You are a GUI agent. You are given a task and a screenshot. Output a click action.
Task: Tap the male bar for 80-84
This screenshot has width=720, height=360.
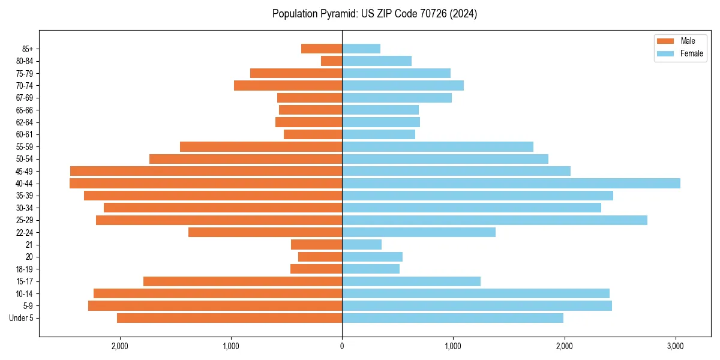[x=331, y=61]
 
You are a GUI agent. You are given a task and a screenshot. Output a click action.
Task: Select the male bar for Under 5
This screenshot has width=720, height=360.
[x=229, y=318]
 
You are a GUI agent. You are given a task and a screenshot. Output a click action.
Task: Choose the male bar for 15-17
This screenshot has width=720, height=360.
[x=242, y=281]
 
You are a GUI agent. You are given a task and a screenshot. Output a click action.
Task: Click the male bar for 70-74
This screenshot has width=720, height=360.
[x=288, y=85]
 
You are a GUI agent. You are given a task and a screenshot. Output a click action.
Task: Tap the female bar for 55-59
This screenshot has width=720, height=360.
[x=437, y=146]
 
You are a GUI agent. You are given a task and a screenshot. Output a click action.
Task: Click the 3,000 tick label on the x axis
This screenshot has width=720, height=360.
[x=676, y=346]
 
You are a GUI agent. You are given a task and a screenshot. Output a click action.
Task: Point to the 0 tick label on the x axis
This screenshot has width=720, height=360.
[x=342, y=346]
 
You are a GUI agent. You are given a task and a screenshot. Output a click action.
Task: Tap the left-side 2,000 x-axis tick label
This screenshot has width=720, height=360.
[x=120, y=346]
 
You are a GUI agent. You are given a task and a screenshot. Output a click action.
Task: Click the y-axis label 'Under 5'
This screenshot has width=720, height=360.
[x=21, y=318]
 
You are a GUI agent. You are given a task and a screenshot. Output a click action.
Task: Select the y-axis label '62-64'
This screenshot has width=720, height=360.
[x=24, y=122]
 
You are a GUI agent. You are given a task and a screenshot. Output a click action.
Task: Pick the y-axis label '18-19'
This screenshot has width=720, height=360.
[x=24, y=269]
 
